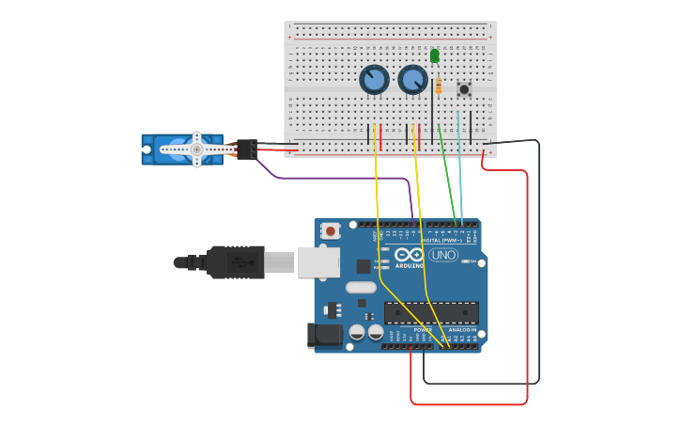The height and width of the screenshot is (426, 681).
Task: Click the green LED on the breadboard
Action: point(434,56)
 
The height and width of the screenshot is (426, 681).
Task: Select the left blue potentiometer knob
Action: point(374,80)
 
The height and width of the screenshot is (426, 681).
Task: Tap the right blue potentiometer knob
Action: point(412,80)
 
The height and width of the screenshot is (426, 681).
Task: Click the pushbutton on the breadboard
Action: point(464,89)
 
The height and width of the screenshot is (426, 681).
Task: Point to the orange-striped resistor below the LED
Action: point(438,87)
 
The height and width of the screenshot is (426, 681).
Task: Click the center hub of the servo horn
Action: point(196,149)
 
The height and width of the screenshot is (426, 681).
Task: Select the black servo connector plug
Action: point(246,149)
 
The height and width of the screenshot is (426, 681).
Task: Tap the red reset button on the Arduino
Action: point(331,230)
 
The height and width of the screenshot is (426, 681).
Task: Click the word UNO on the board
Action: point(442,255)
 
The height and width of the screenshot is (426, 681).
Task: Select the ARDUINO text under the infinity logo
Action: point(409,265)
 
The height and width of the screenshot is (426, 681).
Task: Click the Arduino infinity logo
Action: point(409,254)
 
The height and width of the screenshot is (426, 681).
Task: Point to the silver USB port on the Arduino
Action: point(318,262)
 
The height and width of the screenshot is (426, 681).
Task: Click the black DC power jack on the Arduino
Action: point(325,335)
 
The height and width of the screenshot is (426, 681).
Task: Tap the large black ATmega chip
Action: point(431,312)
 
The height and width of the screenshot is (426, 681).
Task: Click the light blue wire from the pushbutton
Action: point(460,169)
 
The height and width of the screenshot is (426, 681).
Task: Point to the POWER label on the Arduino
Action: point(423,330)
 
